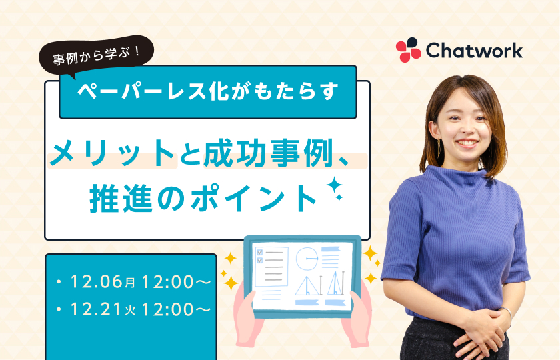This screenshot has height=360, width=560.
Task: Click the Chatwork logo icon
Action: (x=409, y=49)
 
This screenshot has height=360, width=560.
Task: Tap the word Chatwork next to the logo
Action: (x=474, y=51)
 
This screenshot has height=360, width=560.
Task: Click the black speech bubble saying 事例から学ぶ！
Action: (x=96, y=56)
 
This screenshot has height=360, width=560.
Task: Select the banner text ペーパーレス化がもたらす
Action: (x=207, y=92)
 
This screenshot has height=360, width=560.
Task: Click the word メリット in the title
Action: (x=112, y=153)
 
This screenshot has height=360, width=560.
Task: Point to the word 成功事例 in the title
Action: (x=268, y=153)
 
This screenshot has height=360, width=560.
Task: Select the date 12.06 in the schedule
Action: (x=97, y=281)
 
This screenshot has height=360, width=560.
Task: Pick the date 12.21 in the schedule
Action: (x=96, y=309)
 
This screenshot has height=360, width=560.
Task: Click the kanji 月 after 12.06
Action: (x=131, y=283)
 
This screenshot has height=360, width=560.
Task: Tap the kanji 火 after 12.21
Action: (x=131, y=311)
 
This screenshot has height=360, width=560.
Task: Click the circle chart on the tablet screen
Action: (x=307, y=258)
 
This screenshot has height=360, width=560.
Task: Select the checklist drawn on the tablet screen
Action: (x=271, y=267)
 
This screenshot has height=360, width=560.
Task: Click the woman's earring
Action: (x=439, y=147)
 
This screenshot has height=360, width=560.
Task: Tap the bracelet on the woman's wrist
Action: (x=507, y=314)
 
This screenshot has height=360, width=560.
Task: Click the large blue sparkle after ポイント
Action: (x=334, y=185)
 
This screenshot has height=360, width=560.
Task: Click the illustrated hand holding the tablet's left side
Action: (x=247, y=318)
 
